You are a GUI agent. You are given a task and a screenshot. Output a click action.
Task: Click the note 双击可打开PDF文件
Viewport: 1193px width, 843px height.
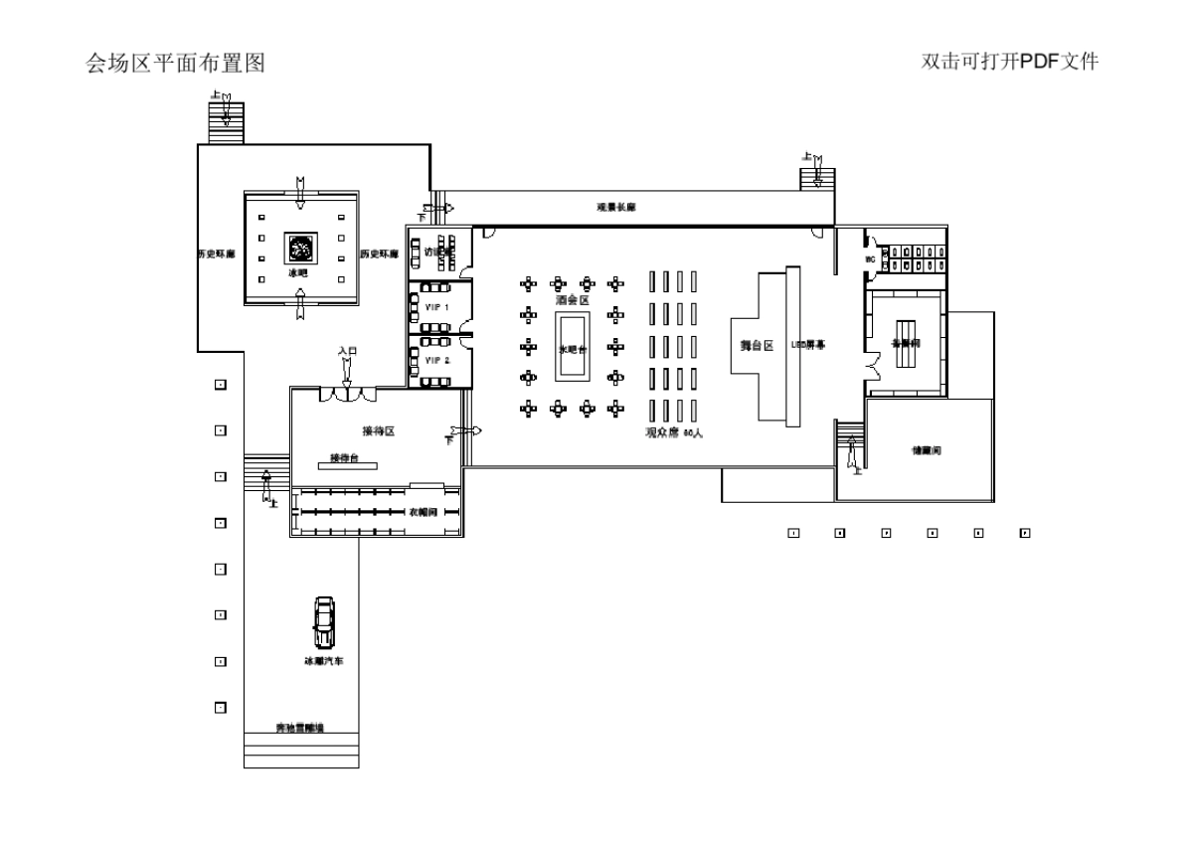click(x=1010, y=62)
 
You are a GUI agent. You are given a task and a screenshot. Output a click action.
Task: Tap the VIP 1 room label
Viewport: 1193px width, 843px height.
click(x=437, y=307)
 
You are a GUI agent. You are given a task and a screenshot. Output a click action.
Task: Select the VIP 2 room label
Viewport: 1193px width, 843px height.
click(x=437, y=360)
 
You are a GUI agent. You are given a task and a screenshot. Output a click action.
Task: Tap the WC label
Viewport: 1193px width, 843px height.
click(x=870, y=259)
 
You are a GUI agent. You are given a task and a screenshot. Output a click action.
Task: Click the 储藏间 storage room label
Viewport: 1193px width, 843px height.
click(x=927, y=450)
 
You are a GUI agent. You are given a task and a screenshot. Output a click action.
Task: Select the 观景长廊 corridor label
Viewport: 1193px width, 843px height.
click(x=615, y=208)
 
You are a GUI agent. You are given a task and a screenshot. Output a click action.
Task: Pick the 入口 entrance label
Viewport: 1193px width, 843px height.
click(x=346, y=351)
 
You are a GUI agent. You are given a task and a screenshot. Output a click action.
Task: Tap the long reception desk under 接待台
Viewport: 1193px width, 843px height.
click(x=353, y=465)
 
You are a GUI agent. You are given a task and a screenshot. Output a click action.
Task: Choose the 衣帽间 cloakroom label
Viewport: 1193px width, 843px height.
click(x=424, y=511)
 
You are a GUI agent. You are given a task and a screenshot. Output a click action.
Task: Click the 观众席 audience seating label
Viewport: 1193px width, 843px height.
click(x=673, y=432)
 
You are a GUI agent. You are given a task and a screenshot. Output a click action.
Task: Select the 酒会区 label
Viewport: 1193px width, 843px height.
click(x=572, y=299)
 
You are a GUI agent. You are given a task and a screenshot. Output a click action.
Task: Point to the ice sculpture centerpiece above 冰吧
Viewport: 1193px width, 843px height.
click(x=298, y=247)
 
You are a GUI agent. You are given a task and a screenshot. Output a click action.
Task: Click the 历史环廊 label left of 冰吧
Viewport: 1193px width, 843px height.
click(x=215, y=254)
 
